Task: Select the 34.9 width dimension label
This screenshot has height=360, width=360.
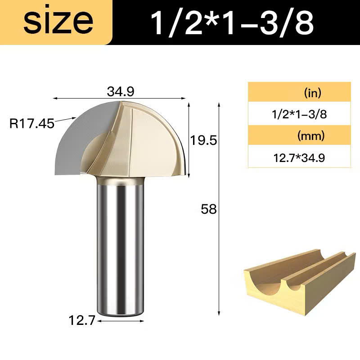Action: [121, 91]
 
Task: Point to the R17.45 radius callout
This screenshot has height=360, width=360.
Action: [31, 123]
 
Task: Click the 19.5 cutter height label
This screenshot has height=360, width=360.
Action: [203, 140]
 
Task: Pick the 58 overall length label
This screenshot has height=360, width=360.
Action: [209, 209]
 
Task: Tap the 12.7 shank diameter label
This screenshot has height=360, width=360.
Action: [82, 320]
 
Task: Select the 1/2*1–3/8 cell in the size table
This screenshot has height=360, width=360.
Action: [299, 114]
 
